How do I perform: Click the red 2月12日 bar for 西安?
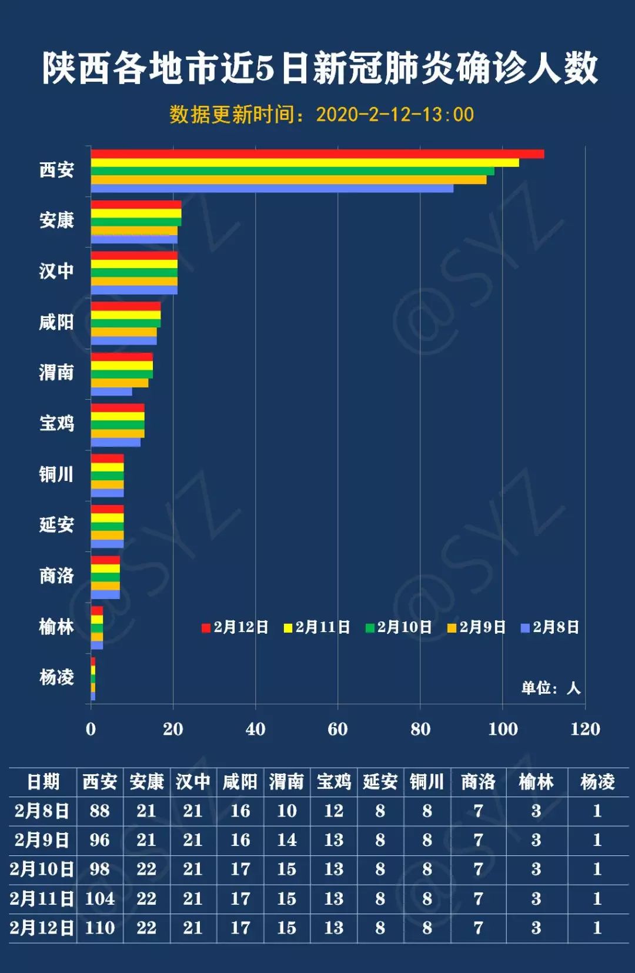click(x=317, y=154)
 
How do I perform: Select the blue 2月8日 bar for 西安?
click(x=272, y=189)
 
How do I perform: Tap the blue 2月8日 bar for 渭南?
click(x=111, y=392)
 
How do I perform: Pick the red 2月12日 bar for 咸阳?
click(x=125, y=306)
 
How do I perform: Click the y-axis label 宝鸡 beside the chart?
click(x=56, y=423)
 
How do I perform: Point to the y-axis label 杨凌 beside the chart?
click(x=56, y=677)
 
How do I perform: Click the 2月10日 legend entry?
click(x=399, y=627)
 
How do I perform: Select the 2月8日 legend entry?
click(x=550, y=627)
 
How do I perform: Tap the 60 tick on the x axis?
click(x=337, y=729)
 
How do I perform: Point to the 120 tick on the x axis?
click(x=585, y=729)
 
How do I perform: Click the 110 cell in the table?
click(x=99, y=928)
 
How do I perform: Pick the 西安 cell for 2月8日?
click(x=99, y=811)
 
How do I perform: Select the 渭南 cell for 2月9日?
click(x=287, y=840)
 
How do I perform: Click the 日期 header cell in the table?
click(x=43, y=781)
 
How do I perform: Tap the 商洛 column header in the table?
click(x=478, y=781)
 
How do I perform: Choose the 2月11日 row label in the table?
click(x=42, y=898)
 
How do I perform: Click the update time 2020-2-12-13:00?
click(x=395, y=114)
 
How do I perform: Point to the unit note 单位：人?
click(x=550, y=688)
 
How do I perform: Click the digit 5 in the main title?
click(x=265, y=68)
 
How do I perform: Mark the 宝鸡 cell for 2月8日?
click(x=333, y=811)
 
